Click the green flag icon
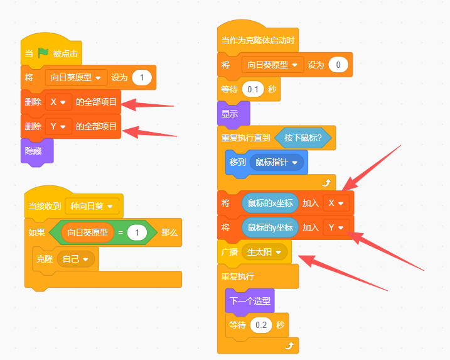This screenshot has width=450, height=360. click(x=43, y=53)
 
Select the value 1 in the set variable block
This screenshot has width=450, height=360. click(x=142, y=77)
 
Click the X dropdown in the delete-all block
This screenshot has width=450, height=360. click(x=58, y=102)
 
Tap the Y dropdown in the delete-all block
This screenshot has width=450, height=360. click(x=58, y=126)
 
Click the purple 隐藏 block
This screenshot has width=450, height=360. click(x=37, y=151)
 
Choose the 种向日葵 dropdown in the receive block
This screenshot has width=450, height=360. click(x=92, y=206)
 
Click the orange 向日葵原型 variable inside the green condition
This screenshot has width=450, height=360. click(x=87, y=232)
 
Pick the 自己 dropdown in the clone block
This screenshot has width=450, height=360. click(x=76, y=259)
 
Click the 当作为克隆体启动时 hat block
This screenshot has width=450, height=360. click(x=258, y=37)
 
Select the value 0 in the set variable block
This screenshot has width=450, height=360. click(x=338, y=65)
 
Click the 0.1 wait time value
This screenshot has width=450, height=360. click(x=253, y=89)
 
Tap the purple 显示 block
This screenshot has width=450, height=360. click(x=233, y=114)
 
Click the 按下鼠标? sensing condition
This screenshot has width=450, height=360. click(x=303, y=138)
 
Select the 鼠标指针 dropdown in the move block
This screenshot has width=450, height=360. click(x=277, y=162)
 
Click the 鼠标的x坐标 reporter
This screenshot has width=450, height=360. click(x=270, y=203)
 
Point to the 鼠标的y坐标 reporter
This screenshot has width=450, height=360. click(x=270, y=227)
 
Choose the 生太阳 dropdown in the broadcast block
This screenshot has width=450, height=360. click(x=264, y=253)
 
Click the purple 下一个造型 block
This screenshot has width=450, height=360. click(x=250, y=301)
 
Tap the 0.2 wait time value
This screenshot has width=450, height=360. click(x=261, y=325)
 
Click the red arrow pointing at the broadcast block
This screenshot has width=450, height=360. click(x=343, y=273)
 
